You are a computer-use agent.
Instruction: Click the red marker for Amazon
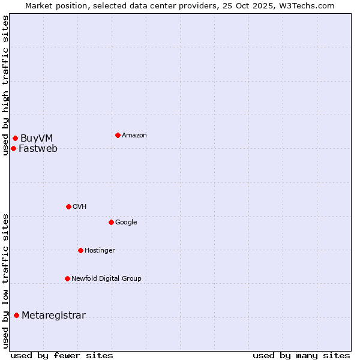coord(118,135)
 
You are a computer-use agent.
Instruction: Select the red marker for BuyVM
coord(15,139)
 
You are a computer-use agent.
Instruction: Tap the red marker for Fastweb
coord(13,148)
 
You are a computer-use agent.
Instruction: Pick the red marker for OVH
coord(68,206)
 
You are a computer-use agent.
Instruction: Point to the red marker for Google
coord(111,222)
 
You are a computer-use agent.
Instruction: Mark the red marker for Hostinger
coord(80,250)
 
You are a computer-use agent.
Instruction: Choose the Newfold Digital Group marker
coord(67,278)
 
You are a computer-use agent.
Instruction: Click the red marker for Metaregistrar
coord(16,316)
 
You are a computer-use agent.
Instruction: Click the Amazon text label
coord(134,136)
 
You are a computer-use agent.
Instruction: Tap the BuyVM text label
coord(37,139)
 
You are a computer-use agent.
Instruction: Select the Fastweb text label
coord(38,149)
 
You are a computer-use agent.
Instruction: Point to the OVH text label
coord(80,207)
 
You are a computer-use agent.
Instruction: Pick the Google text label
coord(126,223)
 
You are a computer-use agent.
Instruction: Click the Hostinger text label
coord(100,251)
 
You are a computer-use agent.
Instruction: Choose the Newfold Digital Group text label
coord(106,279)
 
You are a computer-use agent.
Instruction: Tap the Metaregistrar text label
coord(53,316)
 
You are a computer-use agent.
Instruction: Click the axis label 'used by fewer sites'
coord(62,355)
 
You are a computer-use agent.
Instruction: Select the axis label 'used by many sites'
coord(301,355)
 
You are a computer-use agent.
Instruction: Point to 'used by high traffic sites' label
coord(5,85)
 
